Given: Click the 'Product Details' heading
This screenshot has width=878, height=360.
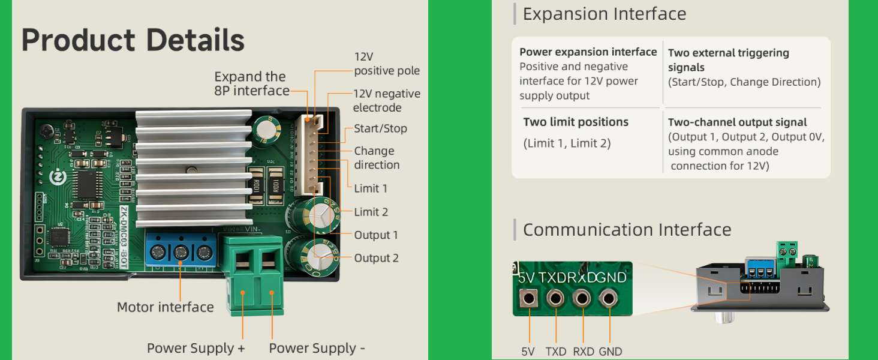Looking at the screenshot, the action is pyautogui.click(x=133, y=40).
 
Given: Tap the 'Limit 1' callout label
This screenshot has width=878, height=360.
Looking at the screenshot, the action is pyautogui.click(x=371, y=188).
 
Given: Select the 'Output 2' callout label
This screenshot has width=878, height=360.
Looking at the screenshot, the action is pyautogui.click(x=376, y=258).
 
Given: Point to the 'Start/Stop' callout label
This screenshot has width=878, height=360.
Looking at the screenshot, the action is pyautogui.click(x=380, y=128).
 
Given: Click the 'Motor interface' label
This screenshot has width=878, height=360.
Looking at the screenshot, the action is pyautogui.click(x=166, y=307).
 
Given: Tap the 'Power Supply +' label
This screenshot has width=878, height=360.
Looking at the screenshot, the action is pyautogui.click(x=196, y=348).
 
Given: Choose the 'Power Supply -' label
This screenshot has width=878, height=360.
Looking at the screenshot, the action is pyautogui.click(x=317, y=348).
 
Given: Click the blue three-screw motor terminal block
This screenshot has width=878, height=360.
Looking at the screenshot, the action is pyautogui.click(x=181, y=251).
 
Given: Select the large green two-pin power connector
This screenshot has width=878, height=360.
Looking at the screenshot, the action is pyautogui.click(x=253, y=275).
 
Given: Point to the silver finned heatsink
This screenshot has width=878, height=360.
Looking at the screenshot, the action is pyautogui.click(x=194, y=169).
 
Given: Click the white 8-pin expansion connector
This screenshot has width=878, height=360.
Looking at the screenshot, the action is pyautogui.click(x=309, y=155).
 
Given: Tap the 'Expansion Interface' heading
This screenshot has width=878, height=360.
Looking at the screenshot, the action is pyautogui.click(x=605, y=14).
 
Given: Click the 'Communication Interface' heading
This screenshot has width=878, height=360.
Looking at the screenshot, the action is pyautogui.click(x=627, y=230).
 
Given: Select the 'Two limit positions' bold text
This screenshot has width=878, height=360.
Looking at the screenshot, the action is pyautogui.click(x=576, y=122).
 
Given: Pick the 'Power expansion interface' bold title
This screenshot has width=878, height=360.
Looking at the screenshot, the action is pyautogui.click(x=588, y=52).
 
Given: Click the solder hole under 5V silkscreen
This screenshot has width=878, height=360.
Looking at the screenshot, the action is pyautogui.click(x=529, y=298).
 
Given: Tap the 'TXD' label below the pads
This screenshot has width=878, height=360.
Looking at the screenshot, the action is pyautogui.click(x=556, y=352).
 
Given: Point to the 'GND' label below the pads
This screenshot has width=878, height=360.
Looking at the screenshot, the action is pyautogui.click(x=611, y=352).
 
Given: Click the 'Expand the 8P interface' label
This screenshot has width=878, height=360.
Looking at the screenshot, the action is pyautogui.click(x=252, y=83).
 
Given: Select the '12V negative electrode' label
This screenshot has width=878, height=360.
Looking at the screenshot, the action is pyautogui.click(x=386, y=101).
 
